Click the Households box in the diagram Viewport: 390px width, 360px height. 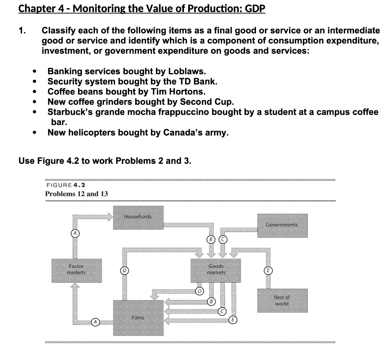(x=138, y=217)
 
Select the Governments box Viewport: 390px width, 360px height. (x=282, y=225)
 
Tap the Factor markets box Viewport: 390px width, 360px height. (x=76, y=270)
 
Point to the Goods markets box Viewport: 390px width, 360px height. (x=216, y=270)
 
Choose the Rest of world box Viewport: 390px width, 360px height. (x=282, y=301)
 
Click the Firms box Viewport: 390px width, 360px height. (x=138, y=317)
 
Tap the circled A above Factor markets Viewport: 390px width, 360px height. (x=75, y=232)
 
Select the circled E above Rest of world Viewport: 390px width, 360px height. (x=269, y=270)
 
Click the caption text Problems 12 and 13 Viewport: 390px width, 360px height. (x=76, y=194)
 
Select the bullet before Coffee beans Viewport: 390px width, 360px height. (x=35, y=92)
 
